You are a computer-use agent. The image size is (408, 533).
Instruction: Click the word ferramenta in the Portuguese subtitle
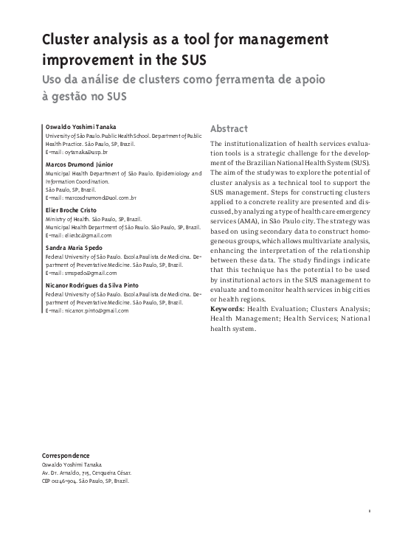[x=246, y=79]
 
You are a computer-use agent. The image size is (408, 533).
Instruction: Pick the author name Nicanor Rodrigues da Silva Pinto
[x=91, y=285]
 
